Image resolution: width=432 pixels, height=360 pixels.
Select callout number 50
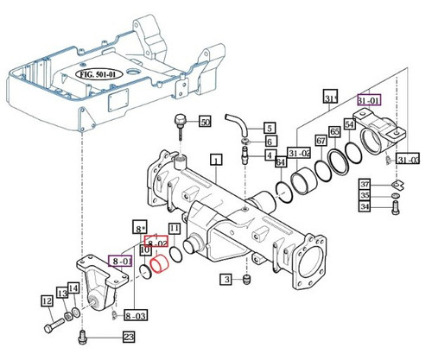click(x=205, y=121)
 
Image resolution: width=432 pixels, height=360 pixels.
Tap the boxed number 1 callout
click(x=215, y=158)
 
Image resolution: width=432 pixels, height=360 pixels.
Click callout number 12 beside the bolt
click(x=47, y=302)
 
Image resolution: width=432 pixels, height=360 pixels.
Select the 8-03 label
click(x=136, y=316)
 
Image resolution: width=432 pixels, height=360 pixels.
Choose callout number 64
click(x=280, y=160)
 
